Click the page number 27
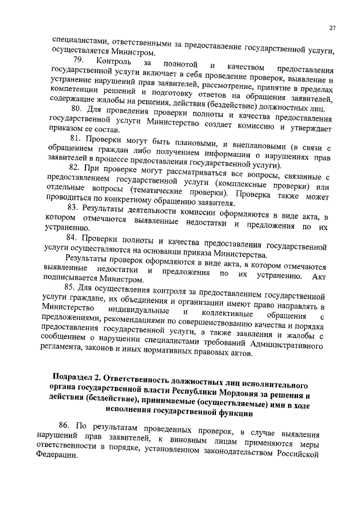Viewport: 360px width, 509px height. pyautogui.click(x=332, y=28)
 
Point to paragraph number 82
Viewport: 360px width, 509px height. pyautogui.click(x=74, y=168)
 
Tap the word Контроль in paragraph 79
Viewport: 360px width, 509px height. pyautogui.click(x=114, y=61)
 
